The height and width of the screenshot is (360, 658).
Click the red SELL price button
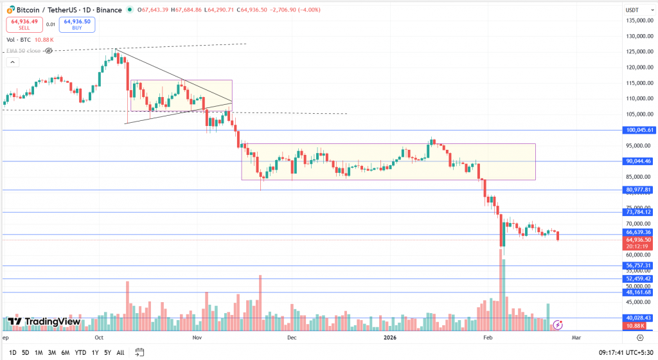[x=24, y=24]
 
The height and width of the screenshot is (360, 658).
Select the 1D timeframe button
[x=13, y=352]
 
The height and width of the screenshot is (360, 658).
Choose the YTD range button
[x=80, y=352]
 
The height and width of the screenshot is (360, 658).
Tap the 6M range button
[x=65, y=352]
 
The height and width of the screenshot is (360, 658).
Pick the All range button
[x=120, y=352]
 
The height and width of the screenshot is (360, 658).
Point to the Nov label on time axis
[x=197, y=337]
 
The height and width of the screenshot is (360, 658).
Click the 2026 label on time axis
[x=390, y=337]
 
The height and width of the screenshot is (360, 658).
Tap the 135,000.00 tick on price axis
[x=639, y=20]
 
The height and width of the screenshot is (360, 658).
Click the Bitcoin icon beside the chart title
[x=8, y=10]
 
